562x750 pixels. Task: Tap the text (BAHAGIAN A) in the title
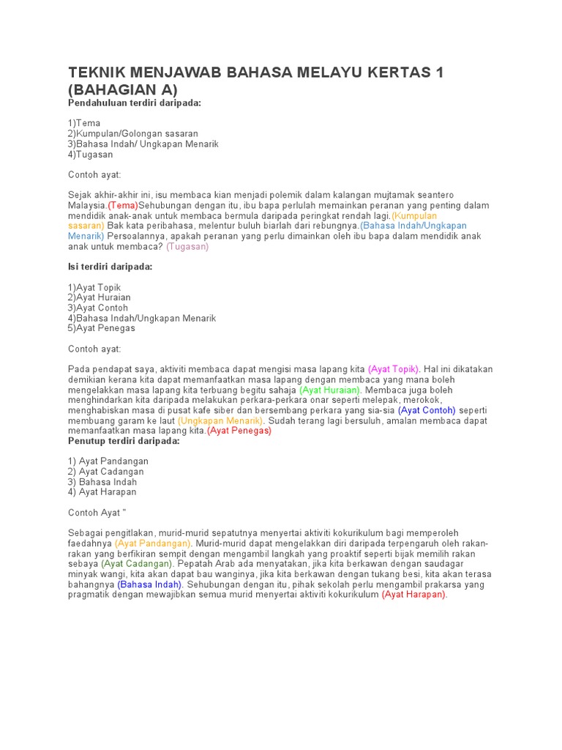(123, 89)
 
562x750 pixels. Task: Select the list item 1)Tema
(84, 123)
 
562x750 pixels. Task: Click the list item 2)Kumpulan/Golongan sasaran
(133, 134)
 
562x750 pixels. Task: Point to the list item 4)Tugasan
(91, 155)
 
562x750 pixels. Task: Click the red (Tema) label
(123, 206)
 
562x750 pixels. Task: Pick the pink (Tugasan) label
(187, 247)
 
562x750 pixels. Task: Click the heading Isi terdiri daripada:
(110, 267)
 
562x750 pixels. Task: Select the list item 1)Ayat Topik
(94, 288)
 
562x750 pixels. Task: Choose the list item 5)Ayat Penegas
(102, 328)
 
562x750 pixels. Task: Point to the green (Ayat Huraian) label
(330, 390)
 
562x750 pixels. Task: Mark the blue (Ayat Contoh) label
(427, 411)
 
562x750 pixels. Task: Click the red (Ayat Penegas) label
(239, 431)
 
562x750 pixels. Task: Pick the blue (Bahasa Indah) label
(149, 585)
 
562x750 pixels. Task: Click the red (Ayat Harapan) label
(414, 595)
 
